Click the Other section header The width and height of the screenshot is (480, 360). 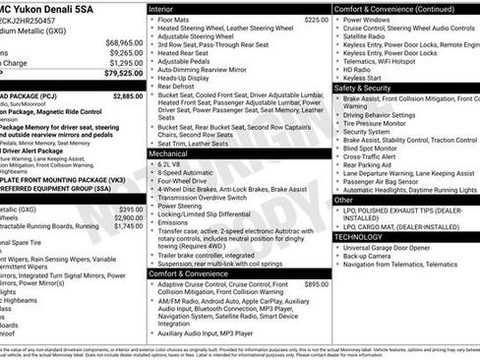pos(345,200)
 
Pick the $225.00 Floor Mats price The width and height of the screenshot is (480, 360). pos(316,20)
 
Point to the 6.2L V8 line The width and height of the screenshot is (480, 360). pos(174,165)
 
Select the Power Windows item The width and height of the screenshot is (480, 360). pos(367,20)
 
